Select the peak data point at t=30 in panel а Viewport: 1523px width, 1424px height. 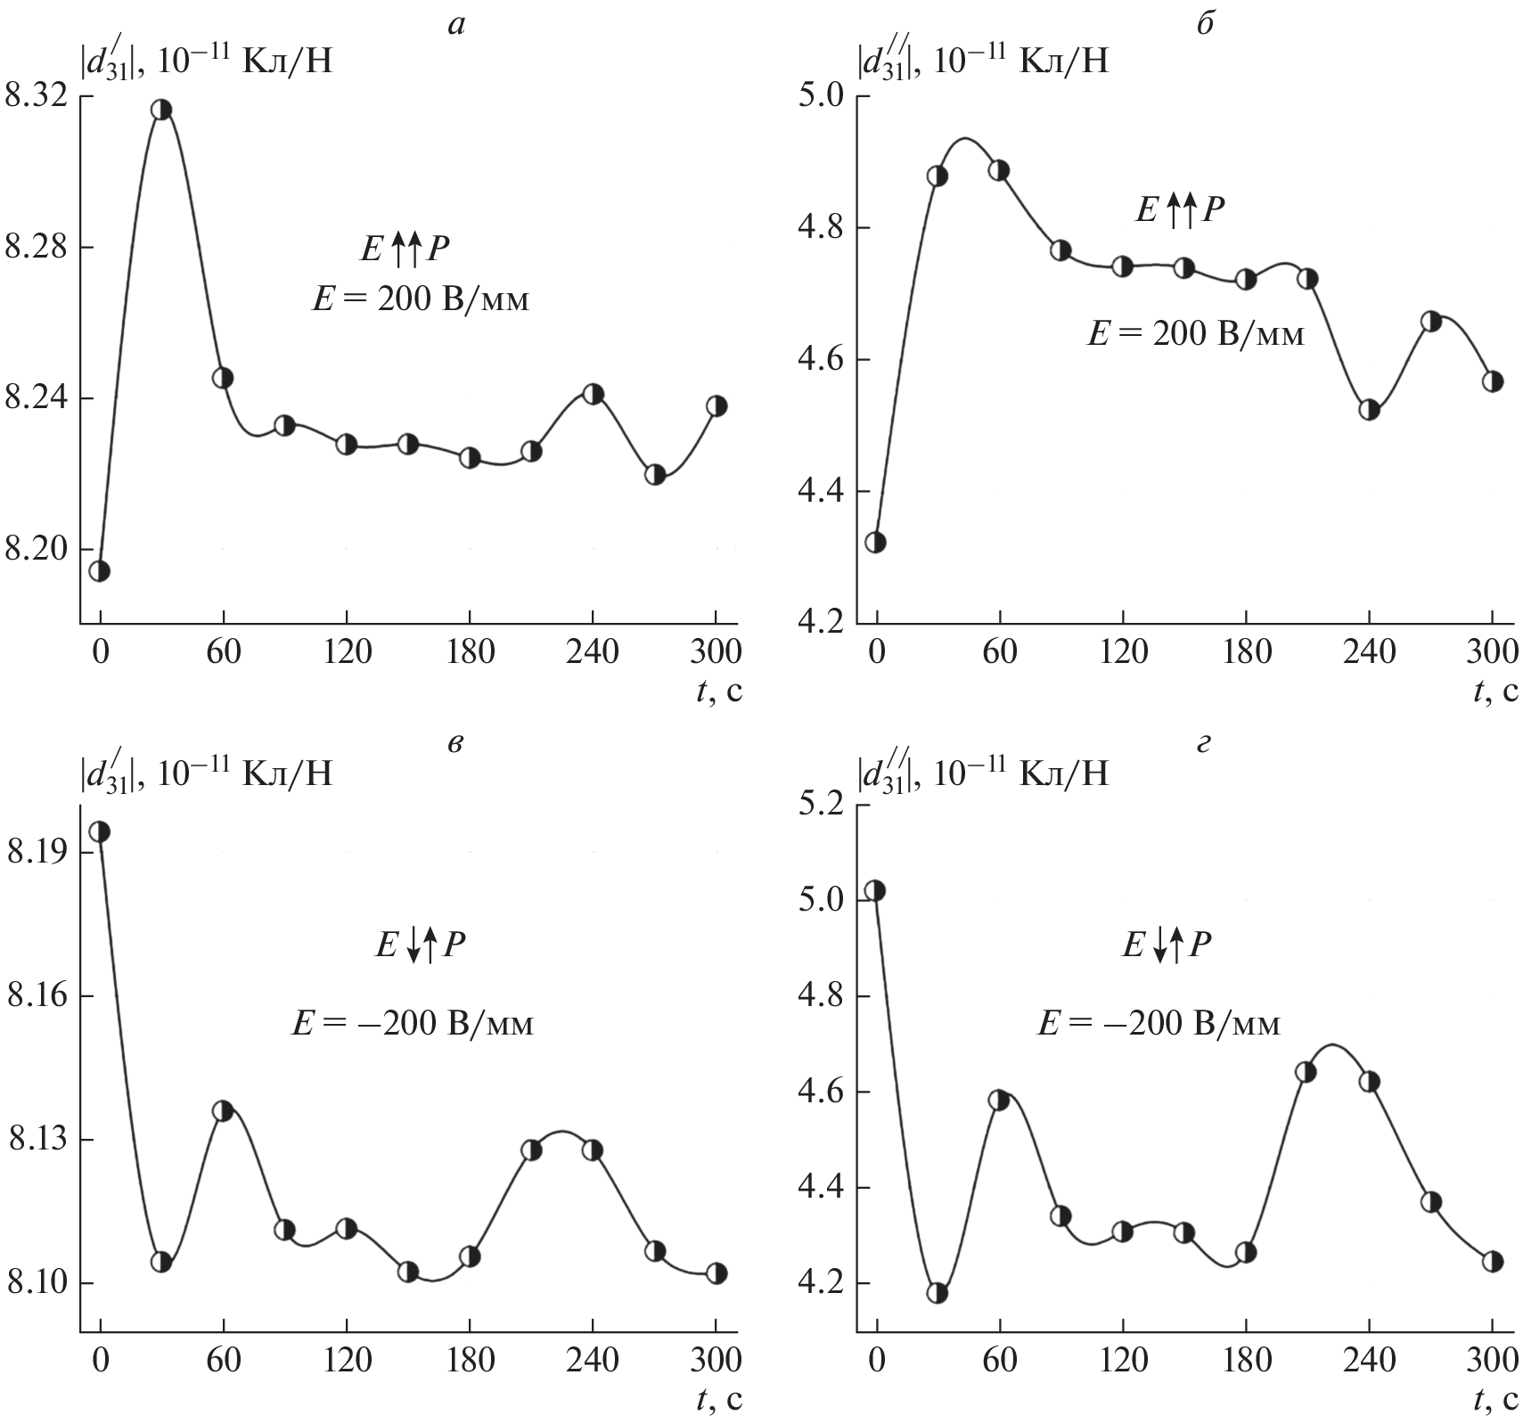click(161, 110)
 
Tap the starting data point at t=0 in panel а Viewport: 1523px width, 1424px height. click(100, 571)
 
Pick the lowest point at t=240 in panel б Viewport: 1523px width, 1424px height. click(1370, 410)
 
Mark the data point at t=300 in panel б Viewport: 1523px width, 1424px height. click(1493, 381)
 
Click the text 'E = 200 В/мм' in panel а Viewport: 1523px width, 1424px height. click(420, 299)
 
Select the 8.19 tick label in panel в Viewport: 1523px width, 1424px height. click(36, 853)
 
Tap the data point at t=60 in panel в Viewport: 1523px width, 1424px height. click(223, 1111)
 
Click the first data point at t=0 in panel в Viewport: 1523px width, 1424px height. click(100, 831)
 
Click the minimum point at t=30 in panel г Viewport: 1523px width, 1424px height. click(938, 1293)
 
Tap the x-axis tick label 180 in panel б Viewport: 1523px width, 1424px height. click(1247, 653)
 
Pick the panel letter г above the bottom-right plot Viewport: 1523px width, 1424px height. click(1204, 743)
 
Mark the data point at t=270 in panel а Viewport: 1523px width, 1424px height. click(655, 475)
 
